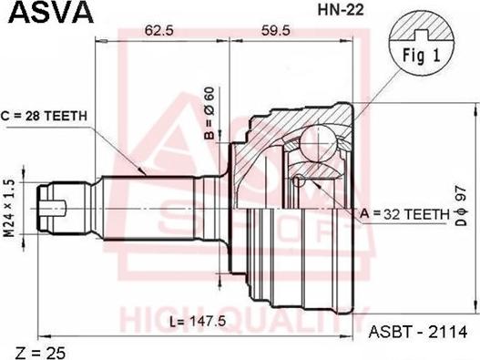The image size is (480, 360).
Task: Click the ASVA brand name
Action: tap(51, 12)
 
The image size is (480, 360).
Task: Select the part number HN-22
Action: tap(341, 10)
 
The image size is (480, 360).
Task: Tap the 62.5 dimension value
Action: tap(159, 31)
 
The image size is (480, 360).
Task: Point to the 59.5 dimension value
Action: tap(275, 31)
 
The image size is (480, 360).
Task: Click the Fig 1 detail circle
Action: tap(422, 42)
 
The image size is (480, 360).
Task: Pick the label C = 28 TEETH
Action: tap(44, 116)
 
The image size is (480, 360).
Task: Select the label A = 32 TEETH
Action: tap(404, 214)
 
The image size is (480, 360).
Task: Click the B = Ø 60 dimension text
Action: tap(210, 113)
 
